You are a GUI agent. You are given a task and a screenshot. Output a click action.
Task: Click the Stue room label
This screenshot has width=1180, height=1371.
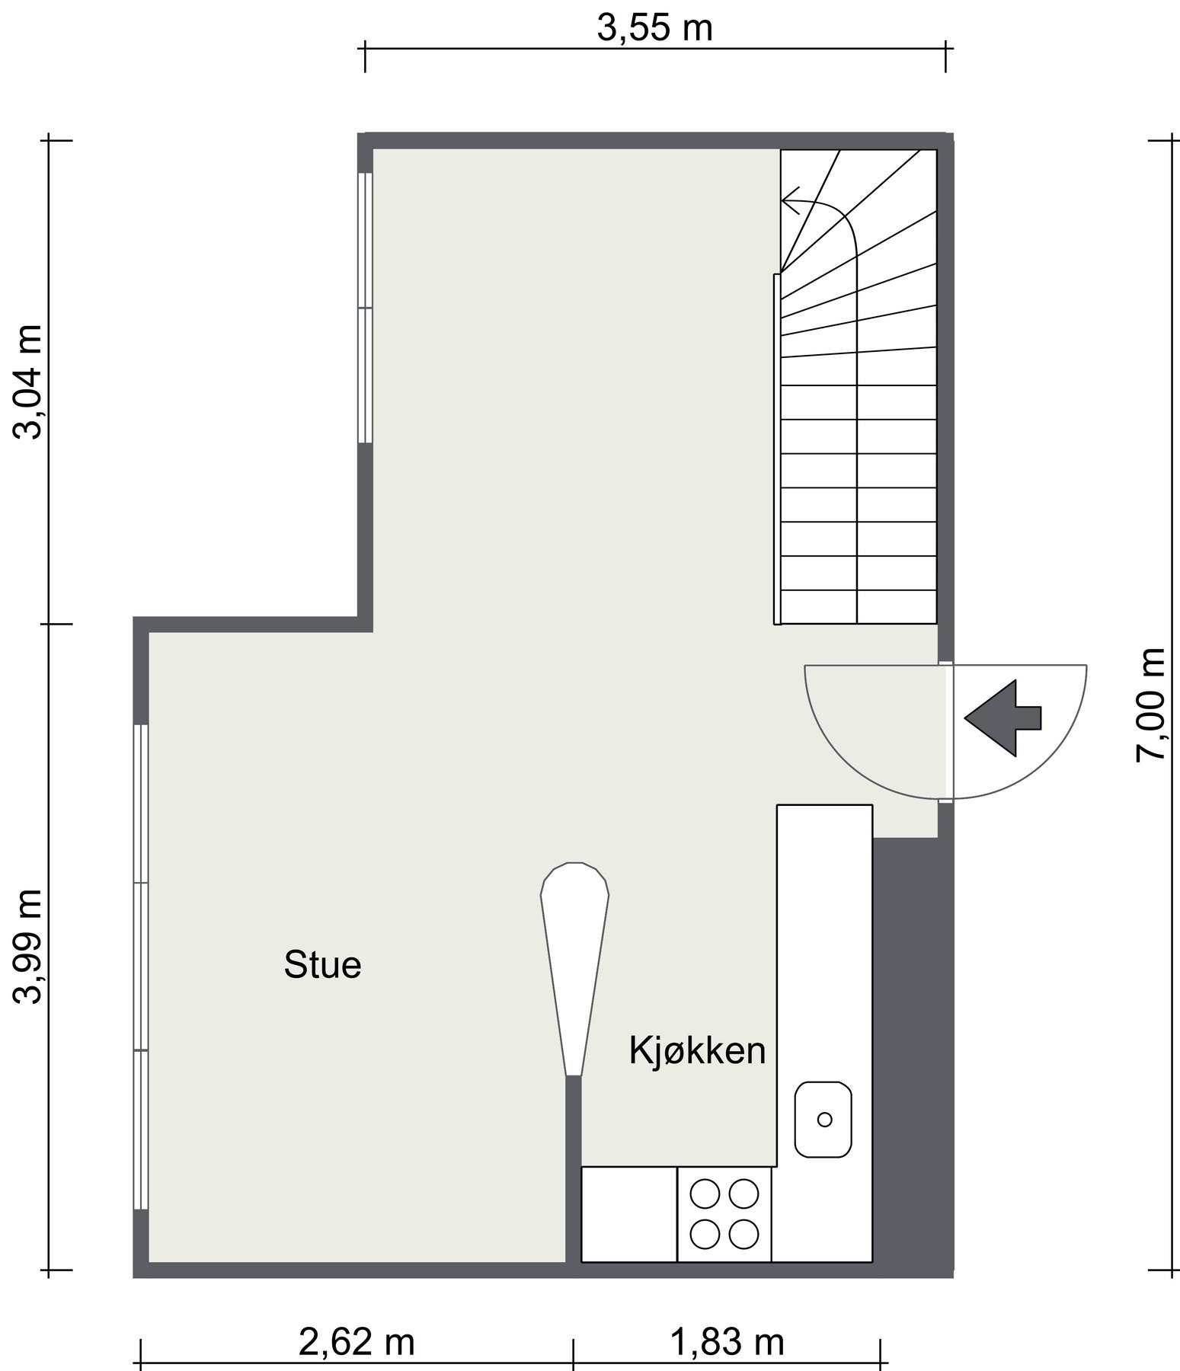click(x=322, y=965)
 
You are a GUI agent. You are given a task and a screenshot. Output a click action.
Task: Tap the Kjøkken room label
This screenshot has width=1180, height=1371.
click(x=696, y=1051)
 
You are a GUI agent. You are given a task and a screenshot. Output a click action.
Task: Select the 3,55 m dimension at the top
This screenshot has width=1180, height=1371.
click(x=654, y=28)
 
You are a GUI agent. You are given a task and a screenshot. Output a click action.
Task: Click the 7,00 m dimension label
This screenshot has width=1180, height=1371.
click(x=1150, y=704)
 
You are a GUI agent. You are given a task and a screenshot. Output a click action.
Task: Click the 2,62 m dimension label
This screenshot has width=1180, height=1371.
click(x=357, y=1342)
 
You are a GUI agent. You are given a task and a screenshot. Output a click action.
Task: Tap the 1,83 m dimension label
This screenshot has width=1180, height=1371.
click(x=727, y=1342)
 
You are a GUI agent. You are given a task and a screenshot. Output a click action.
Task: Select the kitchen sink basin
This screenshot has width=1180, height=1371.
click(x=823, y=1119)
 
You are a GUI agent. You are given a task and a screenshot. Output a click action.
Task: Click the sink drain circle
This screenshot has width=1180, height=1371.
click(x=823, y=1119)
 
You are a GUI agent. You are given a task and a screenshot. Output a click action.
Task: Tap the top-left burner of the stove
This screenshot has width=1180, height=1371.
click(x=705, y=1193)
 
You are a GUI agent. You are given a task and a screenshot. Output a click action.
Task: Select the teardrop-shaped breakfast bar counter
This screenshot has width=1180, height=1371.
click(x=574, y=960)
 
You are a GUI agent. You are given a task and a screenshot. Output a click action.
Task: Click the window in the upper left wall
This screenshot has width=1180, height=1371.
click(x=365, y=308)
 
